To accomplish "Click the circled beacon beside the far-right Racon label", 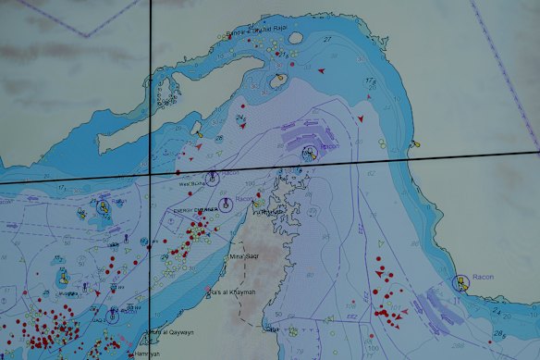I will [458, 280].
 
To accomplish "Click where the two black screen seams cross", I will [151, 174].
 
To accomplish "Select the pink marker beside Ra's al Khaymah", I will [212, 293].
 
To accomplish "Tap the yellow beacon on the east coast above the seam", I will [418, 144].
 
